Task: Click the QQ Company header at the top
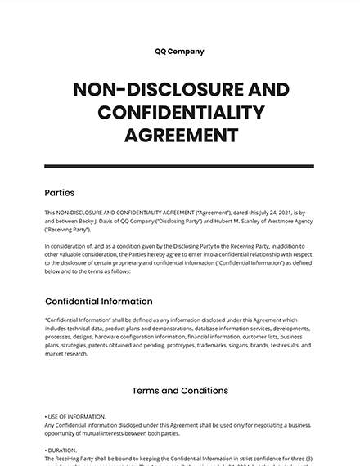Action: click(179, 52)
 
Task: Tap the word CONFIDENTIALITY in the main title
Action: click(179, 111)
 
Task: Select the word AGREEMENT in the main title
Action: click(179, 133)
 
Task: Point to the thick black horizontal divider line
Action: click(179, 166)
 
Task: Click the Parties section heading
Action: click(60, 194)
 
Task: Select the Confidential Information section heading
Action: click(98, 301)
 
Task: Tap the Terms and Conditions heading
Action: click(179, 391)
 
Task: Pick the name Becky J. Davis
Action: click(92, 221)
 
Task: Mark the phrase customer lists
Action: click(259, 336)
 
